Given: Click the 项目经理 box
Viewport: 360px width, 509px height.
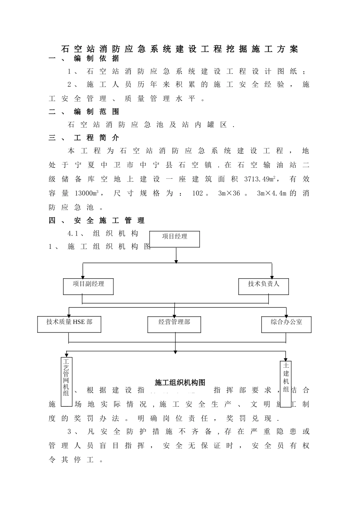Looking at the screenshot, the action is tap(175, 239).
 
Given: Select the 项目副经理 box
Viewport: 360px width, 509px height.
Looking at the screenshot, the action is tap(88, 286).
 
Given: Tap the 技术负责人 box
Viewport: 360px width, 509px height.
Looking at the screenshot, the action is tap(263, 286).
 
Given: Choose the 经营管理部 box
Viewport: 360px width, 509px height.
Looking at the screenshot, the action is tap(174, 325).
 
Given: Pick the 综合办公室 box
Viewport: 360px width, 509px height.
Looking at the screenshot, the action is tap(286, 325).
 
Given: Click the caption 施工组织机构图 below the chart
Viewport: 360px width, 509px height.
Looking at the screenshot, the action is tap(180, 383).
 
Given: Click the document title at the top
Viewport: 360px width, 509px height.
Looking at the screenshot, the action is tap(180, 49).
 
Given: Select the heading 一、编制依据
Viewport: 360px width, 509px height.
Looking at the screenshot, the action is tap(84, 58).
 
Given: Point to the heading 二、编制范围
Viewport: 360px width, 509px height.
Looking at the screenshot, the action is tap(84, 112).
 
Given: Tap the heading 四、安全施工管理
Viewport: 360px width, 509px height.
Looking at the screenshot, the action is tap(97, 220).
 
